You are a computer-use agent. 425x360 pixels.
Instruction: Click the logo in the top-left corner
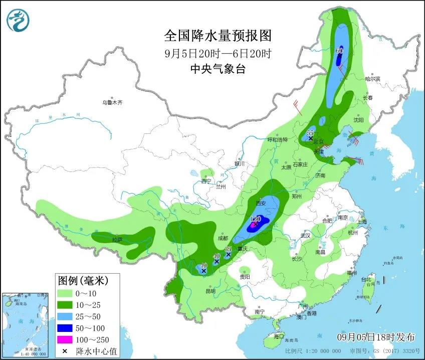pos(19,20)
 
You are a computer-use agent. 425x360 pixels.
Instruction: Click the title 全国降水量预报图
pos(218,36)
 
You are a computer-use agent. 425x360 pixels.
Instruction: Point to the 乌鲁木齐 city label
pos(112,102)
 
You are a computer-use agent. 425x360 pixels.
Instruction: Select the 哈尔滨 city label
pos(373,79)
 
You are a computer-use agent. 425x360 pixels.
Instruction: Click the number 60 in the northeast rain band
pos(339,51)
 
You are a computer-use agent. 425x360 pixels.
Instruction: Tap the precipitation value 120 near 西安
pos(256,219)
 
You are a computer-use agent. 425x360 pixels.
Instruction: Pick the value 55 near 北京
pos(310,133)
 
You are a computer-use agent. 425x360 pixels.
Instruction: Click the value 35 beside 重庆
pos(228,249)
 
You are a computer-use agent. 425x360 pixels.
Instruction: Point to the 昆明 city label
pos(210,291)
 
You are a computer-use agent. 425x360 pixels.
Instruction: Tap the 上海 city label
pos(361,222)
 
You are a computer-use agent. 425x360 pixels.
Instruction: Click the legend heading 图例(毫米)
pos(82,279)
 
